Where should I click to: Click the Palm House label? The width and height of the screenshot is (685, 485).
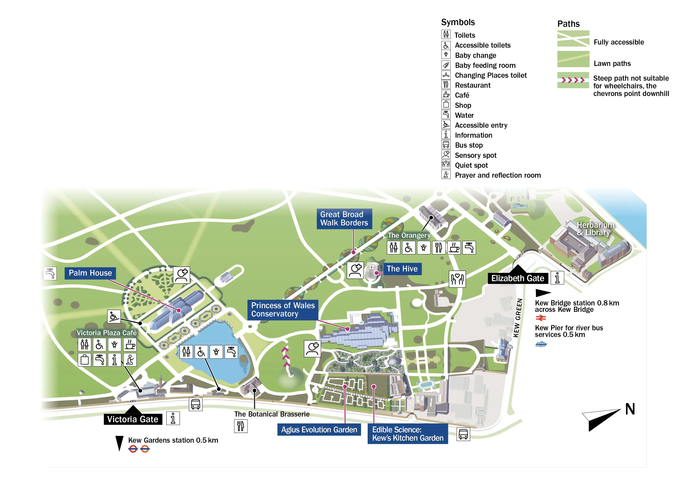[x=90, y=273]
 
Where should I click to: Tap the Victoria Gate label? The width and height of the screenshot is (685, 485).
[x=133, y=419]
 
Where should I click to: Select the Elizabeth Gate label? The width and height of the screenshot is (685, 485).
[x=518, y=278]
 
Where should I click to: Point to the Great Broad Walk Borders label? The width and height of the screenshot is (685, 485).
[x=344, y=219]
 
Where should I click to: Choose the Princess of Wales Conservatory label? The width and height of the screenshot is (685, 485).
[x=283, y=310]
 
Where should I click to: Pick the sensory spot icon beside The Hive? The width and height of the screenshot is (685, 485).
[x=355, y=270]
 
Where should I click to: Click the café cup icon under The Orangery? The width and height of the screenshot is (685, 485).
[x=454, y=248]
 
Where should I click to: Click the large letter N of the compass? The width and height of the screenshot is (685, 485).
[x=630, y=409]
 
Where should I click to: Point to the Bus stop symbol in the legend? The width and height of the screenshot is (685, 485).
[x=446, y=145]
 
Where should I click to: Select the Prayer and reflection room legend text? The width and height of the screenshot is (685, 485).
[x=498, y=175]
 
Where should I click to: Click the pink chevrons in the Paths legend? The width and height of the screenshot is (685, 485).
[x=573, y=80]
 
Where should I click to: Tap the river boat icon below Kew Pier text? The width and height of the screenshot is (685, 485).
[x=541, y=344]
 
